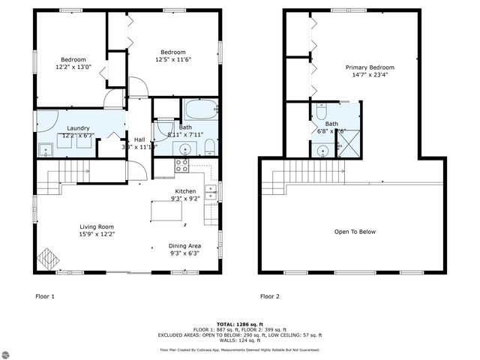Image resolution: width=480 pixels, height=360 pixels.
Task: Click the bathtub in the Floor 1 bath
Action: tap(200, 110)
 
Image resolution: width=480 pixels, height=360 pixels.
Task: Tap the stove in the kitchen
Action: tap(182, 166)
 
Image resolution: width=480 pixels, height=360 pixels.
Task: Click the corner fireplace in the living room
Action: tap(49, 258)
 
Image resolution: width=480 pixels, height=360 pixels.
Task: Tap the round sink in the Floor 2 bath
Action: tap(322, 150)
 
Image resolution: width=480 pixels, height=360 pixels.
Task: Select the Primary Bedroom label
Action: tap(370, 67)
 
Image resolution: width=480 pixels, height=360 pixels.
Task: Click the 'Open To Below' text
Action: tap(355, 232)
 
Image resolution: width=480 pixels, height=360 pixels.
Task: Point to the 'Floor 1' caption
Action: tap(46, 296)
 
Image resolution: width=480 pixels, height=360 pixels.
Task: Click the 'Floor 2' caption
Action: tap(270, 296)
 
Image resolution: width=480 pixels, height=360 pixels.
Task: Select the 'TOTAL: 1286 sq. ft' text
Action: tap(240, 324)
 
